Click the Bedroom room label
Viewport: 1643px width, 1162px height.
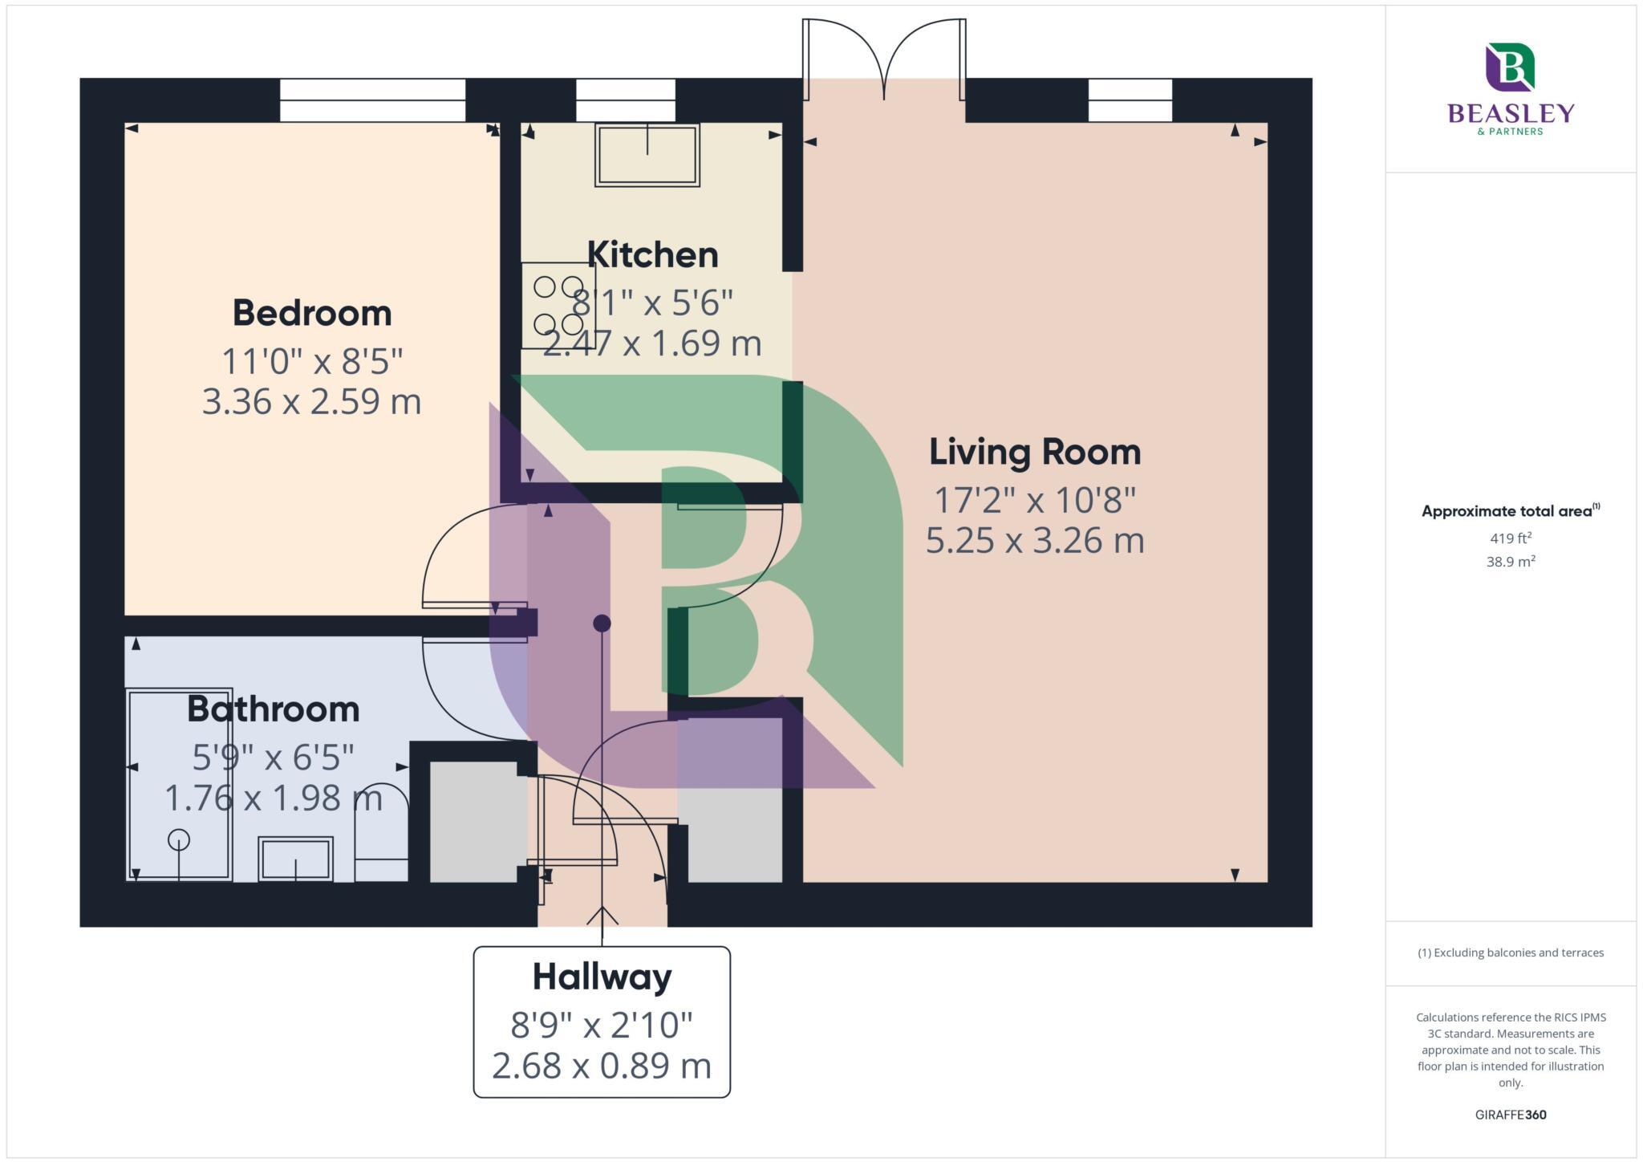click(312, 313)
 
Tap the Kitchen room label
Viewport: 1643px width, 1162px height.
click(652, 255)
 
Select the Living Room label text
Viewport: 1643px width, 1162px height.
click(1034, 452)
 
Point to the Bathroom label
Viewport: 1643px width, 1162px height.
click(273, 709)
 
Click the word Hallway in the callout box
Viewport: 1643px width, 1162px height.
click(602, 977)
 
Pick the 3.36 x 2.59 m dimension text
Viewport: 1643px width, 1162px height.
click(311, 401)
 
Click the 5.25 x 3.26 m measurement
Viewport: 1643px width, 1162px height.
click(1034, 540)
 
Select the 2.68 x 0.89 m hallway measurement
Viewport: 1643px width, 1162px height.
click(602, 1066)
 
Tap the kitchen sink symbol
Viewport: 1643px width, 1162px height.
click(647, 155)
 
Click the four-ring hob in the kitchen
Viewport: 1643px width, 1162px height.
click(558, 306)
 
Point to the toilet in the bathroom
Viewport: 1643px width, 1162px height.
click(381, 835)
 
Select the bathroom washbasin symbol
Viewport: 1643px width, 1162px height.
click(295, 859)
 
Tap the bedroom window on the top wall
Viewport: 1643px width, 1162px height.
click(372, 100)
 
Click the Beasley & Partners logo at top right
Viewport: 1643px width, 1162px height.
click(1511, 88)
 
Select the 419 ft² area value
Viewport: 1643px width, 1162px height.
click(1510, 538)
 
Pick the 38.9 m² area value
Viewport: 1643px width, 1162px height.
click(1510, 562)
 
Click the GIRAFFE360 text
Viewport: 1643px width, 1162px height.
click(1510, 1115)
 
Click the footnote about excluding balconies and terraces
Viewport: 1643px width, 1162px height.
click(1510, 953)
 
